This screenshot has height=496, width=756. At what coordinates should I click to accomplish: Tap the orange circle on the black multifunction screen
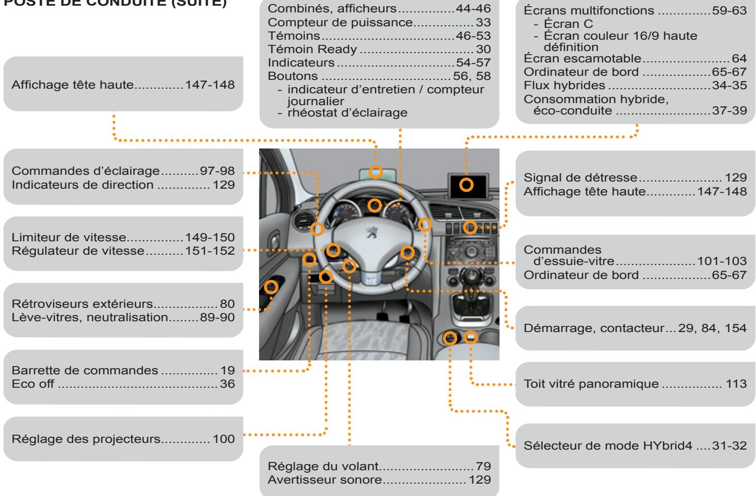pos(467,186)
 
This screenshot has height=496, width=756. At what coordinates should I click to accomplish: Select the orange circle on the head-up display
pos(376,172)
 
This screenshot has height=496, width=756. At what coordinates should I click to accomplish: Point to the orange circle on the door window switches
pos(271,286)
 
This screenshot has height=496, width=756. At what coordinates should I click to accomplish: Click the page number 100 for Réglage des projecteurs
pos(223,439)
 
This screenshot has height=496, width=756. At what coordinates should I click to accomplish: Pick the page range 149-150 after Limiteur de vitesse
pos(210,238)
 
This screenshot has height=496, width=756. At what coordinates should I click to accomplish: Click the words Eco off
pos(34,384)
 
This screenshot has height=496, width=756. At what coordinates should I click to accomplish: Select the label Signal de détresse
pos(581,178)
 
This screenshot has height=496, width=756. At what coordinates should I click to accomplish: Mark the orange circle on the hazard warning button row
pos(470,227)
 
